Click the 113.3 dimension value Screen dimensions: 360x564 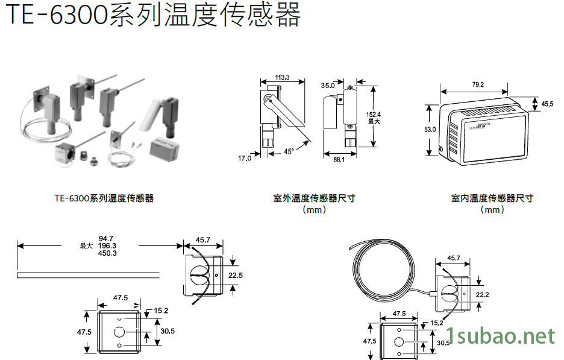282,77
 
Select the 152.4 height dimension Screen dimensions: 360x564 374,115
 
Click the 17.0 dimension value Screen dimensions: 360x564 244,158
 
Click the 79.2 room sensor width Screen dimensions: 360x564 478,85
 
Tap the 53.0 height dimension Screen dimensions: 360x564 430,130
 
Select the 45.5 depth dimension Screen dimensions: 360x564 547,104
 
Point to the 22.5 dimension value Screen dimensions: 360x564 236,275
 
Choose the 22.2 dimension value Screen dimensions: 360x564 483,294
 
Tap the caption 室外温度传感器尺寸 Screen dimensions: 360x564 313,198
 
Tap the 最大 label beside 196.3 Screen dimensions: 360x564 86,246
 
